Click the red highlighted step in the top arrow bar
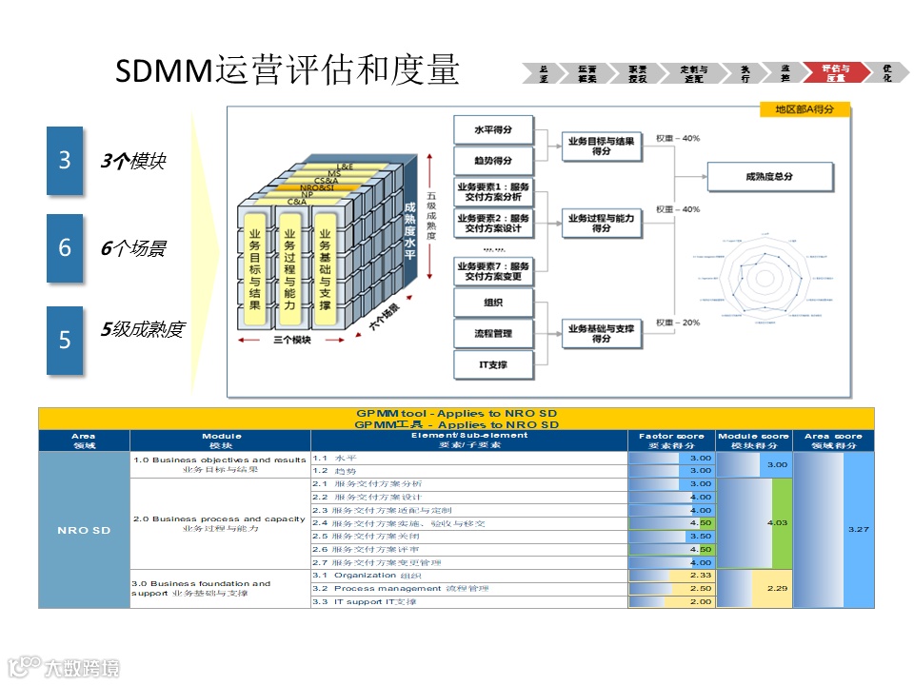tap(834, 73)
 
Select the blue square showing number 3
tap(65, 161)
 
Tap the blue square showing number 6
tap(65, 248)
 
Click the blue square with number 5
tap(65, 339)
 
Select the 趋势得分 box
tap(493, 160)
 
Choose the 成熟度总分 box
tap(769, 177)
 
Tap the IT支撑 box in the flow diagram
tap(493, 364)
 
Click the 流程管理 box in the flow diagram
tap(493, 333)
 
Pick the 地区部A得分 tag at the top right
tap(805, 110)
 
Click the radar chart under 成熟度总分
tap(764, 277)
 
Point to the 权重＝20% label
tap(678, 323)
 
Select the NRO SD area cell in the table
tap(84, 530)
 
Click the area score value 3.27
tap(859, 529)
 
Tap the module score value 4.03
tap(777, 522)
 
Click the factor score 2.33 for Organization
tap(700, 575)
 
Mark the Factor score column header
tap(671, 440)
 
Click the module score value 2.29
tap(777, 588)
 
